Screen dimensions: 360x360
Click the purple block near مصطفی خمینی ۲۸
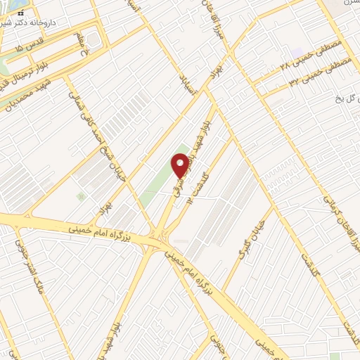click(297, 53)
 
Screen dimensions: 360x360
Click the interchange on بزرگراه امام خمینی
click(160, 239)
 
